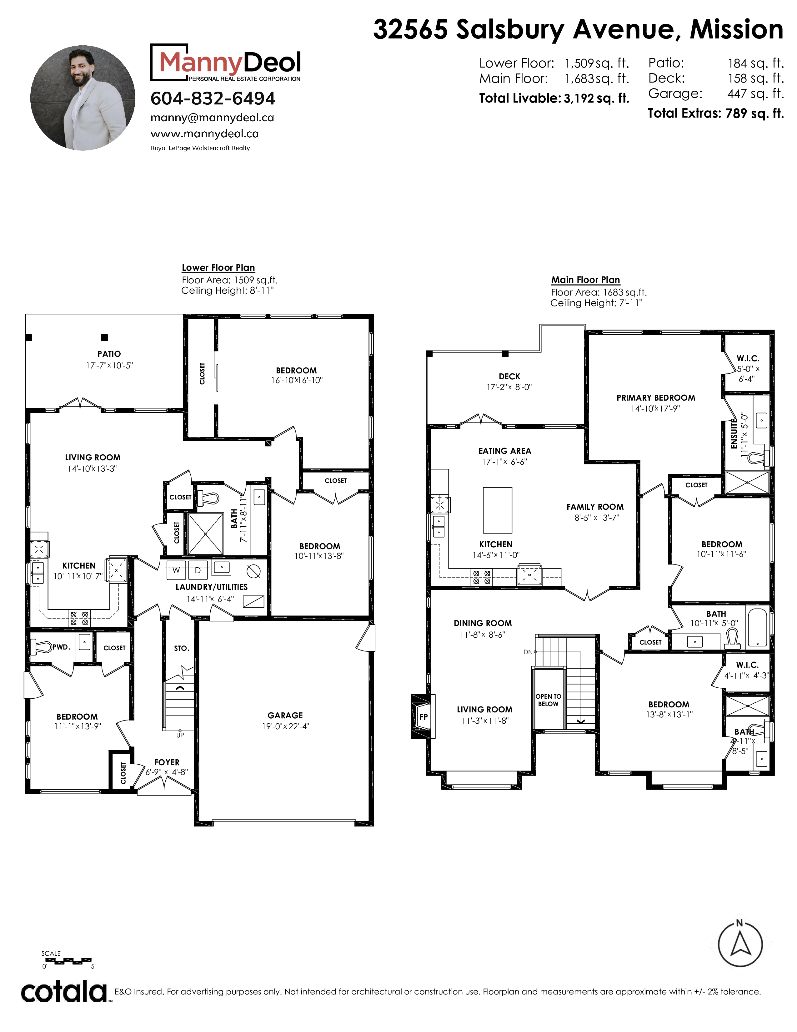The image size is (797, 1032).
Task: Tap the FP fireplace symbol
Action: click(x=423, y=716)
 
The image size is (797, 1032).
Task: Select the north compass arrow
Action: click(x=740, y=944)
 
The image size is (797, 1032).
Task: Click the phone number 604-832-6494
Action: click(x=213, y=98)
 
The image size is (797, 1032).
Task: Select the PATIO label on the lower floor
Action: click(x=109, y=354)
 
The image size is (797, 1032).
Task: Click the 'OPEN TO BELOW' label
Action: click(x=548, y=700)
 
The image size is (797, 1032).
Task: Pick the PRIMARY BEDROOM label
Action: click(x=656, y=398)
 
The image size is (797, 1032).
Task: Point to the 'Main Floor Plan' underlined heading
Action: click(x=585, y=280)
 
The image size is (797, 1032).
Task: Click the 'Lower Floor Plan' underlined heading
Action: click(x=218, y=267)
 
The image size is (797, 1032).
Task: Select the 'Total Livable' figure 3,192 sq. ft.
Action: click(x=596, y=98)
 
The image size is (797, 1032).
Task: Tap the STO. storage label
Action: click(x=181, y=648)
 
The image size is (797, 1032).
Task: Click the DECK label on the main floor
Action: click(x=509, y=377)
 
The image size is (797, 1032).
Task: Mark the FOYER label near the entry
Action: click(x=167, y=762)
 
